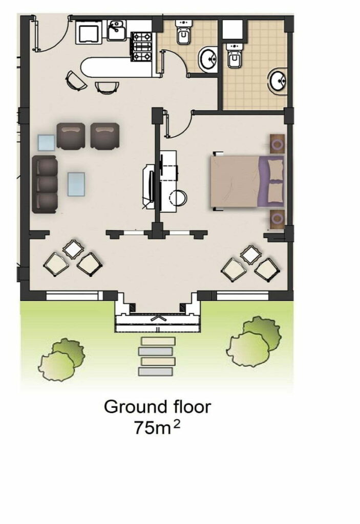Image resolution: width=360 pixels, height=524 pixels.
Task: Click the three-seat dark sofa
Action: tap(45, 184)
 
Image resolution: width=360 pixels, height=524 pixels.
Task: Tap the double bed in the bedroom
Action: tap(247, 182)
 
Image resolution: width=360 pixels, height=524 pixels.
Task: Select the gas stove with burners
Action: tap(141, 47)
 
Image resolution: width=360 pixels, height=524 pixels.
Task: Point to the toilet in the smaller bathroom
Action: tap(184, 32)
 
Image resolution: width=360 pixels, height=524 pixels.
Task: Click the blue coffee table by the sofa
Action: tap(76, 184)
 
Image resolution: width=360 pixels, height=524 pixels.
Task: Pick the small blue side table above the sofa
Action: tap(46, 143)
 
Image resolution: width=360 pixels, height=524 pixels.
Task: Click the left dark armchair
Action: tap(71, 135)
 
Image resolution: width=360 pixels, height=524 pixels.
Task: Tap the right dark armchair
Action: tap(104, 135)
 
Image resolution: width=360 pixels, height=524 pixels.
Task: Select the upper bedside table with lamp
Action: tap(278, 144)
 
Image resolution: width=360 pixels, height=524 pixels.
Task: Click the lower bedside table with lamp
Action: tap(278, 219)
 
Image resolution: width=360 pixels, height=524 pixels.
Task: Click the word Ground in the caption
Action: tap(135, 407)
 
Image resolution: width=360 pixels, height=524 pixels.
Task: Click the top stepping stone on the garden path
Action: tap(158, 341)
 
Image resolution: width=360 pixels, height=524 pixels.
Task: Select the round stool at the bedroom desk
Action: tap(178, 198)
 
